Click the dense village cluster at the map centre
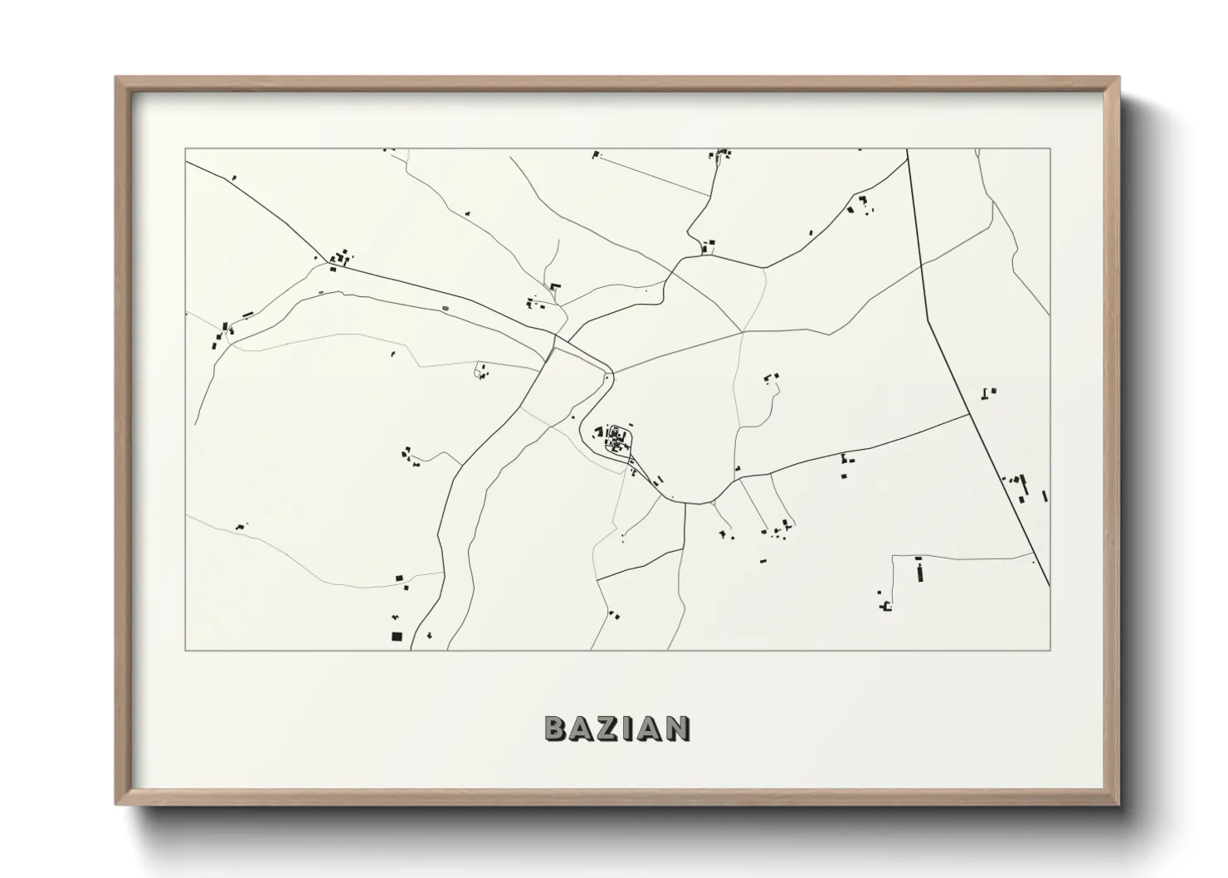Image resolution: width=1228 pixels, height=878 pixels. [x=615, y=438]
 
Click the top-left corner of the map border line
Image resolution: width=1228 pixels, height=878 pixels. [x=185, y=149]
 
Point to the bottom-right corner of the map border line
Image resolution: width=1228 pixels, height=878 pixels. [x=1050, y=650]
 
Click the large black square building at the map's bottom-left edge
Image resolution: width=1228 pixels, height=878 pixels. [x=397, y=637]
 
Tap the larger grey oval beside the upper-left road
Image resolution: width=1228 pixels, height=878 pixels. [x=446, y=309]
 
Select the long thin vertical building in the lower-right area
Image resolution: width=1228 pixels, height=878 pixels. [x=919, y=572]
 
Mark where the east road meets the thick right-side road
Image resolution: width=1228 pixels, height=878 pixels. [x=969, y=414]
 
